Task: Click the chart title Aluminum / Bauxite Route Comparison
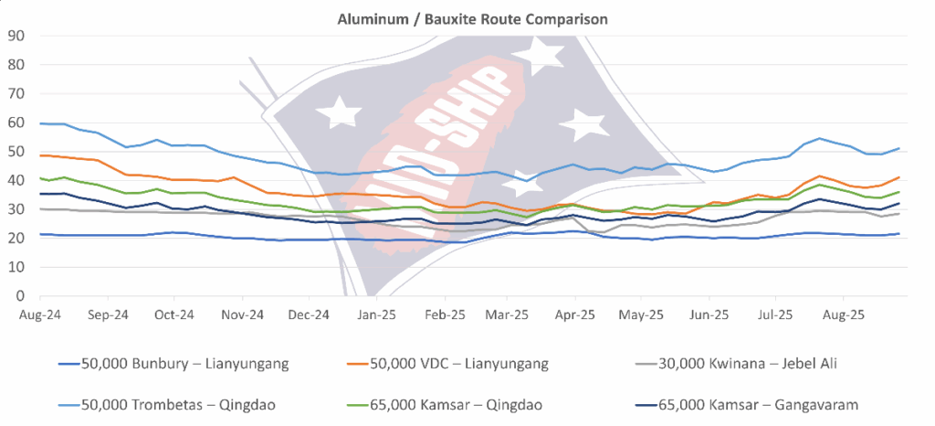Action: click(467, 17)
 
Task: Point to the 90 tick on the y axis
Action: click(15, 37)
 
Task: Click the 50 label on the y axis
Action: click(15, 152)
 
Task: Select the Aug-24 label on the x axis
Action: click(40, 313)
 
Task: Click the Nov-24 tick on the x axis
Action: click(242, 313)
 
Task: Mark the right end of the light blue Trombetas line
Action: click(900, 148)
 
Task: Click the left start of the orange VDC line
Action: click(40, 155)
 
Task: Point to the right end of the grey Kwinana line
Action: click(900, 214)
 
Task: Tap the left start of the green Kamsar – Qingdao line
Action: click(40, 178)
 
